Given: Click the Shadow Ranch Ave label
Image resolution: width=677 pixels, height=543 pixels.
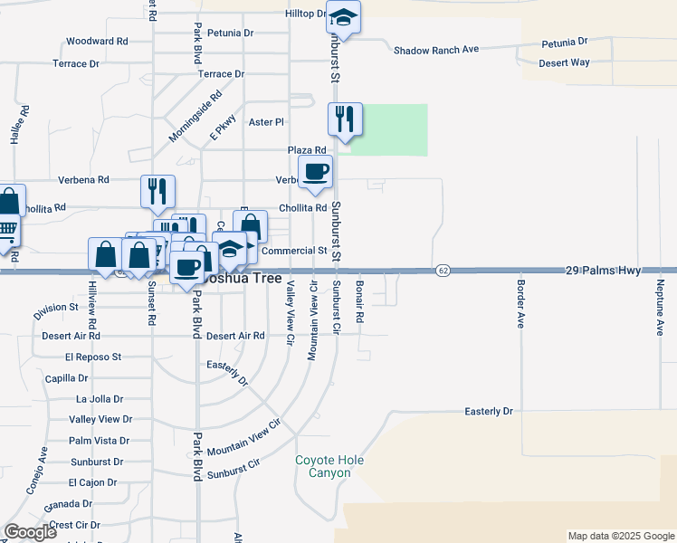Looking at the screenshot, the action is (435, 50).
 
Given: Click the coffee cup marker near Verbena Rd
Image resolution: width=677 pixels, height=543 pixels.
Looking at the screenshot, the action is (315, 172).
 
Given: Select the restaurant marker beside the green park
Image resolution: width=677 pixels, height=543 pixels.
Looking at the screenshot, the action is (345, 119).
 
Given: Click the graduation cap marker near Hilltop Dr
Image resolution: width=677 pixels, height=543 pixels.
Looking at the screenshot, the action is (343, 17).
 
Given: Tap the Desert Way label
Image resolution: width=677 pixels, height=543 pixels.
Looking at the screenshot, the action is (564, 62).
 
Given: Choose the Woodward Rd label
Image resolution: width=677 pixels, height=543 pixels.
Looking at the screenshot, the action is (97, 42).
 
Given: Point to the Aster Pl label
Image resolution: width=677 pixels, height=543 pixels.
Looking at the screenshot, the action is (266, 121).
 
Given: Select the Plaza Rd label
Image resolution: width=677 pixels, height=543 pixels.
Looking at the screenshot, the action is (307, 150).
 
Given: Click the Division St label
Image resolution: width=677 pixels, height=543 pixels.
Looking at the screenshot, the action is (55, 310).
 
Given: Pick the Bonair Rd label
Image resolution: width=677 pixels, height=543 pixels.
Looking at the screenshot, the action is (359, 302).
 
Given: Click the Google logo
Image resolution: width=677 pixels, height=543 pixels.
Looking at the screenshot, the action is (30, 532).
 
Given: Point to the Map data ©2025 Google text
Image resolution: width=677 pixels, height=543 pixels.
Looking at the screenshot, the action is (620, 536).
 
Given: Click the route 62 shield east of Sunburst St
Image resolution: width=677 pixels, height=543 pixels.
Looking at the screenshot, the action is (443, 270).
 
